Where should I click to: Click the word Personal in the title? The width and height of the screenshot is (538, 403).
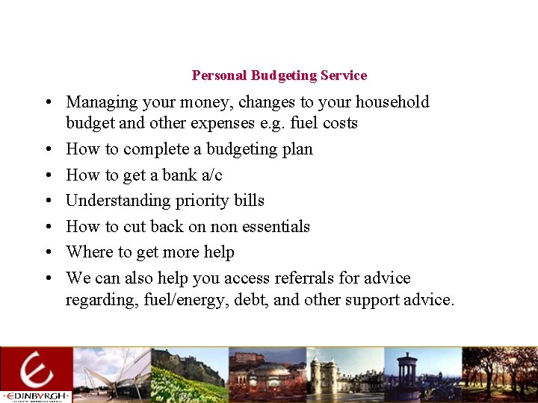pos(220,75)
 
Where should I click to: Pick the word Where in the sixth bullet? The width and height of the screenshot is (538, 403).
pos(87,252)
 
